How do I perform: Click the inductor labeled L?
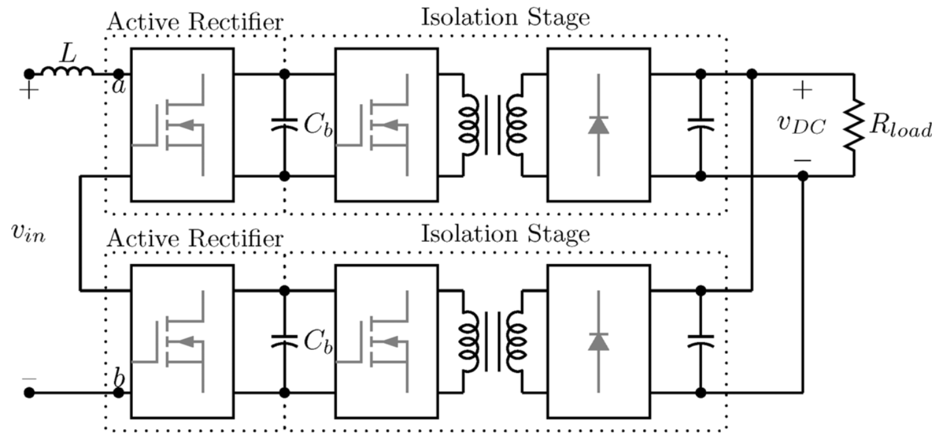[67, 71]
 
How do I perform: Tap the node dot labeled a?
[119, 74]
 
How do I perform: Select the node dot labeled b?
[119, 393]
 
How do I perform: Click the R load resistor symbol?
[853, 124]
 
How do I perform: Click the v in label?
[28, 233]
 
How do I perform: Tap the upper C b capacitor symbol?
[284, 124]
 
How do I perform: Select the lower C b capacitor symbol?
[284, 341]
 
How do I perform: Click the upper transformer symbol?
[492, 124]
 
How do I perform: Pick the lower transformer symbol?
[492, 341]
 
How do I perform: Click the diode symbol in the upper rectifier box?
[598, 124]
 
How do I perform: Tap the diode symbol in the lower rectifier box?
[598, 341]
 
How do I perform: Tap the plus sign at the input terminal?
[29, 90]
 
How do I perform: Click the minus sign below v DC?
[802, 160]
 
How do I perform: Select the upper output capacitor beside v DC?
[701, 124]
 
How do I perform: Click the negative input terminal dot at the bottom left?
[29, 393]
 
